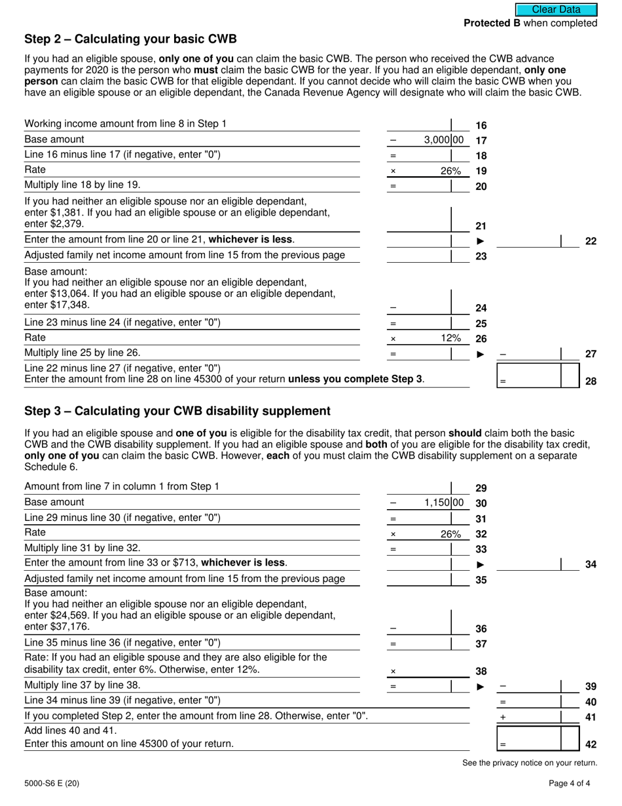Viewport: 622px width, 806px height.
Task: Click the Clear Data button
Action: pyautogui.click(x=556, y=9)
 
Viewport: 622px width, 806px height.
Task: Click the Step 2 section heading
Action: pyautogui.click(x=130, y=39)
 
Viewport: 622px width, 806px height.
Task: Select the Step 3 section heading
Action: pyautogui.click(x=177, y=411)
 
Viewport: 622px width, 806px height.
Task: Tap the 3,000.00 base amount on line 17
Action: pyautogui.click(x=443, y=140)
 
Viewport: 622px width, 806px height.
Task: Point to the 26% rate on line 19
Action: pyautogui.click(x=450, y=171)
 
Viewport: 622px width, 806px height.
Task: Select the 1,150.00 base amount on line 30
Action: pyautogui.click(x=443, y=503)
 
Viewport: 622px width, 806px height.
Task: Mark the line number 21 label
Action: pyautogui.click(x=481, y=226)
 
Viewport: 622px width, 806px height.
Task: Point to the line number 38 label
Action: pyautogui.click(x=481, y=671)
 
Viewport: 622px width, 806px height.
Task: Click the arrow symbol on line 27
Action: pyautogui.click(x=481, y=355)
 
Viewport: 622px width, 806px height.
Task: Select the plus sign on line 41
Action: pyautogui.click(x=503, y=718)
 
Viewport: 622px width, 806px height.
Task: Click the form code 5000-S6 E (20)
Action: pyautogui.click(x=52, y=783)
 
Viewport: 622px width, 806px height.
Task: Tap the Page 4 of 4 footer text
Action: pyautogui.click(x=573, y=783)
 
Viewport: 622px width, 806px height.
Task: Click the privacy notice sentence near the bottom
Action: pyautogui.click(x=530, y=763)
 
